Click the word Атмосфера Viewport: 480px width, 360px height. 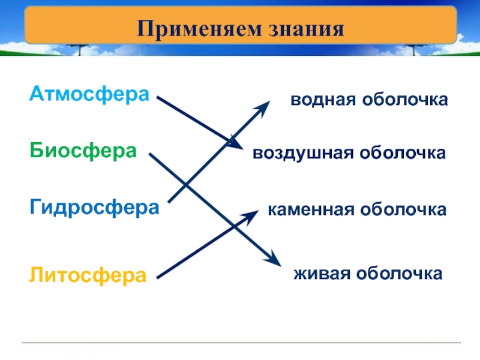tap(89, 94)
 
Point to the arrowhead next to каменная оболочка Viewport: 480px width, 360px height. tap(254, 213)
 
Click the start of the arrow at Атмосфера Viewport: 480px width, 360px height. tap(158, 98)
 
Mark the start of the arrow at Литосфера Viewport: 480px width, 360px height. tap(158, 277)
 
